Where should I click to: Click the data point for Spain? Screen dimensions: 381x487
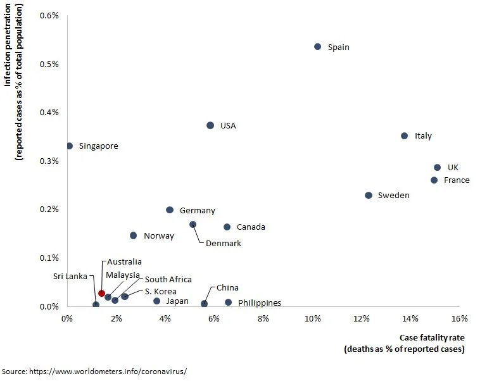[x=318, y=47]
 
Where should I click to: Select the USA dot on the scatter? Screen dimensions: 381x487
[x=210, y=125]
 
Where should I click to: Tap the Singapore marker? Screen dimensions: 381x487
[x=70, y=146]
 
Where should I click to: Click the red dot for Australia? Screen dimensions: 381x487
[x=101, y=293]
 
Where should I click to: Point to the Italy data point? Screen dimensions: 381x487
[x=404, y=135]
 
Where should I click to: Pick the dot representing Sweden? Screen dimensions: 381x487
[x=369, y=196]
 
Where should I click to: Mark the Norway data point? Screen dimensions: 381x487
[x=133, y=235]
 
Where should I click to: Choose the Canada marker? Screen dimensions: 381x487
[x=227, y=227]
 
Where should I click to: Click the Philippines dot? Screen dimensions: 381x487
[x=229, y=303]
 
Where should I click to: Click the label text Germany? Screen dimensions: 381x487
[x=197, y=211]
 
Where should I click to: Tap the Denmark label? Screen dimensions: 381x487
[x=224, y=243]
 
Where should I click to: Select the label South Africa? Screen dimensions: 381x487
[x=168, y=279]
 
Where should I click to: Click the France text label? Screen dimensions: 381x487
[x=457, y=180]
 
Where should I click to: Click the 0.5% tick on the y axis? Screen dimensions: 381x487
[x=49, y=64]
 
